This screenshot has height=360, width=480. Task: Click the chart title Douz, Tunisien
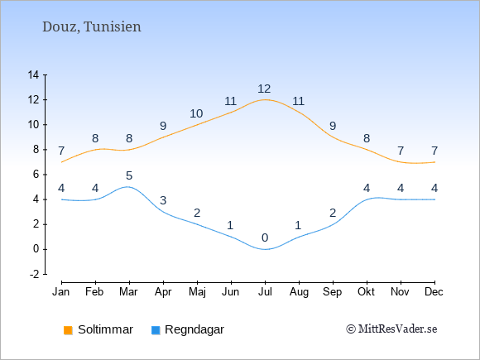tap(92, 26)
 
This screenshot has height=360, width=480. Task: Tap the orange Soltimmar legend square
tap(68, 330)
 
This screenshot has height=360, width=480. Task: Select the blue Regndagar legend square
tap(156, 330)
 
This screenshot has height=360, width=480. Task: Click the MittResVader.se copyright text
tap(391, 329)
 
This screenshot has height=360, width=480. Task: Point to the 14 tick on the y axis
tap(33, 74)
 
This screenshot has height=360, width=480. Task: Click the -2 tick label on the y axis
tap(35, 274)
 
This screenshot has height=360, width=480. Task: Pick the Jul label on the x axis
tap(265, 292)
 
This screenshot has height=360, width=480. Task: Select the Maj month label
tap(197, 292)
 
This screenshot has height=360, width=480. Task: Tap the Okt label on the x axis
tap(366, 292)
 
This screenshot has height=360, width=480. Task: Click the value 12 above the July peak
tap(264, 89)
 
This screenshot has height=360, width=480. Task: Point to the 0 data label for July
tap(265, 238)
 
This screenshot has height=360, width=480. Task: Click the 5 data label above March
tap(129, 175)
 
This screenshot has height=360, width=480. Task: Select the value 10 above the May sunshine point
tap(196, 113)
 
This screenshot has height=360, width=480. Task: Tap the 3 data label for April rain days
tap(163, 200)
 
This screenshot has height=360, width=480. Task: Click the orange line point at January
tap(62, 162)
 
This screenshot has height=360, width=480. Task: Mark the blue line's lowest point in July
tap(265, 249)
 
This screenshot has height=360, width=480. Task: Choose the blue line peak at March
tap(128, 187)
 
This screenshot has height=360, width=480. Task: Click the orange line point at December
tap(434, 162)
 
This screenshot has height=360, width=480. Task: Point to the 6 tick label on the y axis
tap(36, 175)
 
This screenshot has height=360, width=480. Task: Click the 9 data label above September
tap(333, 126)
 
